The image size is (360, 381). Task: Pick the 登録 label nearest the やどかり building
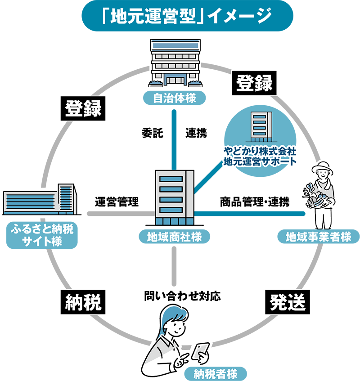(255, 83)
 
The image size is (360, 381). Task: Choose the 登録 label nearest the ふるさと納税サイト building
(84, 108)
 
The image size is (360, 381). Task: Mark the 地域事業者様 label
(318, 237)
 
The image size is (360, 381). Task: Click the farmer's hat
(323, 167)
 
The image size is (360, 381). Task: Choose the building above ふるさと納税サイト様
(40, 200)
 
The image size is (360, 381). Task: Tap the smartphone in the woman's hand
(200, 350)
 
